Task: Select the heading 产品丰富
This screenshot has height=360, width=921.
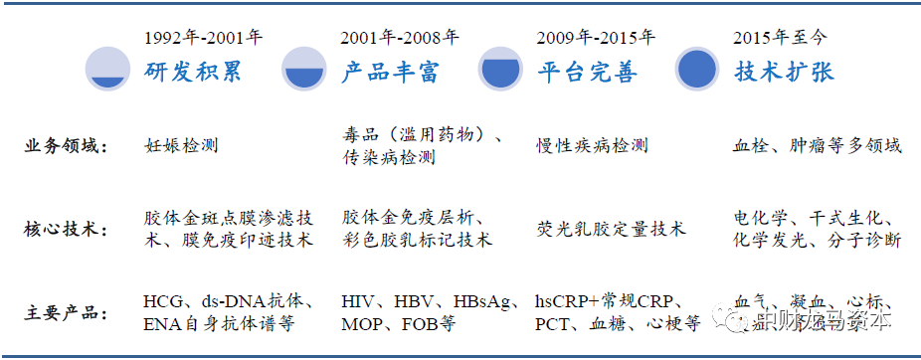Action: point(389,73)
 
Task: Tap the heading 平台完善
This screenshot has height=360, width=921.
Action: point(587,73)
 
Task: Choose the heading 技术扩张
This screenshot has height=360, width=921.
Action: point(784,73)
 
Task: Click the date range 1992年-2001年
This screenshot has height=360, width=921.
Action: point(203,39)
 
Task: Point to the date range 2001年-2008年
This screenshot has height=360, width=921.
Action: point(400,39)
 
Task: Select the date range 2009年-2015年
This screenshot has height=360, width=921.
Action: point(596,39)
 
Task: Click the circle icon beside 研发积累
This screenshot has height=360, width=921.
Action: point(107,69)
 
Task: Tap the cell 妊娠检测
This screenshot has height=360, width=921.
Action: point(180,145)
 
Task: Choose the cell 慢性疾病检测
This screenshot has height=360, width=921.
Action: point(592,145)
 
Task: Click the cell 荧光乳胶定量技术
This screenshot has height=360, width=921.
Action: point(610,230)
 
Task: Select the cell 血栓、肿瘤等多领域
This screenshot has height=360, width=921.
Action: point(817,145)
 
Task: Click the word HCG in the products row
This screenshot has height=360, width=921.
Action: point(163,302)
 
